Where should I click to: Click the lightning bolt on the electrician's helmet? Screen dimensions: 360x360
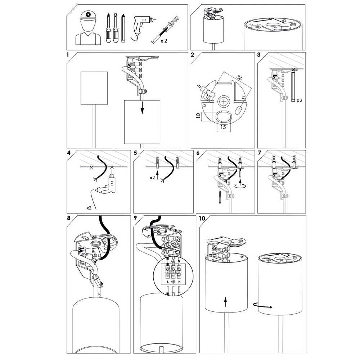click(88, 15)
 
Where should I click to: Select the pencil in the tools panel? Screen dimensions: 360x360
click(123, 28)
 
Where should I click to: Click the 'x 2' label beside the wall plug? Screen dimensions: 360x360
click(164, 41)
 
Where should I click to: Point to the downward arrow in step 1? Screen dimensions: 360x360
click(142, 107)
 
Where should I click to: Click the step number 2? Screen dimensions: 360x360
click(192, 55)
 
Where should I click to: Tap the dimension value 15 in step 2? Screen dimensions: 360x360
click(223, 127)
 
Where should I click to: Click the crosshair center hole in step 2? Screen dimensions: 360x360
click(223, 102)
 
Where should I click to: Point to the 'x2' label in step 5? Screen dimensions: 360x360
click(152, 177)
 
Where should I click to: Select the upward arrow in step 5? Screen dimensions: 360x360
click(157, 175)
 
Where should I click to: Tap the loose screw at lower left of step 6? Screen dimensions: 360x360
click(220, 197)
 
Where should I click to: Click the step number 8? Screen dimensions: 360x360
click(69, 218)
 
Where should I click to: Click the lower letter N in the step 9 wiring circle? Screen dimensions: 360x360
click(179, 281)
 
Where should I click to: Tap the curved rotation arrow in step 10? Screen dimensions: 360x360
click(263, 306)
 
